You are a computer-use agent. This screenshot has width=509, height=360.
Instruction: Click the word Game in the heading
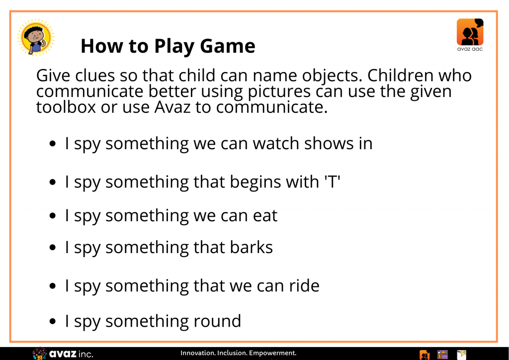tap(228, 46)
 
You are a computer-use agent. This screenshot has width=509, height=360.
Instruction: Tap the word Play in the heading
tap(174, 47)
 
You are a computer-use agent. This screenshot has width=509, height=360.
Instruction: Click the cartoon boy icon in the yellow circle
tap(36, 37)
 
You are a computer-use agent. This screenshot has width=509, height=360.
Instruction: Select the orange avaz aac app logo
tap(470, 35)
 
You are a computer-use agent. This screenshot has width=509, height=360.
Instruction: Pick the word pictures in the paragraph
tap(279, 92)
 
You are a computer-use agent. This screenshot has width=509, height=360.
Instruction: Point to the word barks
tap(252, 247)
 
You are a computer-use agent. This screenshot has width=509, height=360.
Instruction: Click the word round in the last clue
tap(217, 321)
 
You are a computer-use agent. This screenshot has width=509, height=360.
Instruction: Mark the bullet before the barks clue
tap(53, 248)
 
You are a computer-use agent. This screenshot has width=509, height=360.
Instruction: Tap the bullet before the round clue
tap(53, 322)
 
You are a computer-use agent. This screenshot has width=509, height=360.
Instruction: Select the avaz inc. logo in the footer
tap(63, 354)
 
